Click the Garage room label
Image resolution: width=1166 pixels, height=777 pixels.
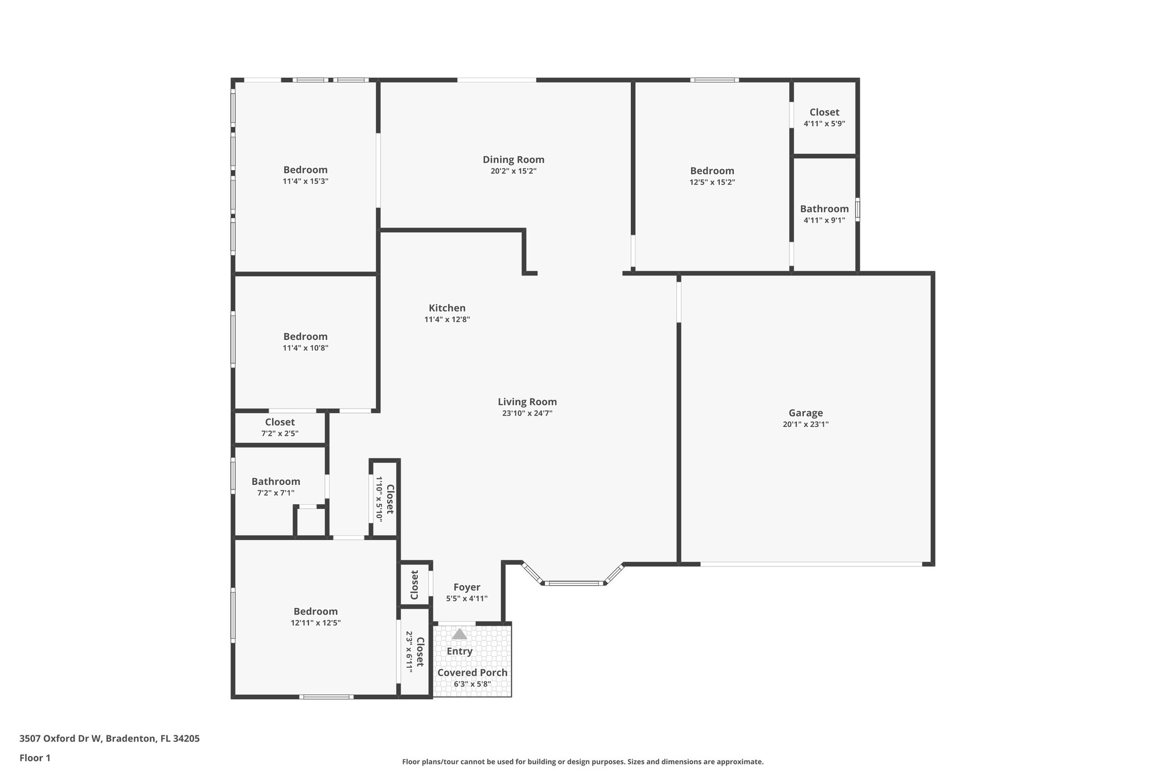click(805, 413)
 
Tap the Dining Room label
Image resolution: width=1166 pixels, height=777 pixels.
click(513, 159)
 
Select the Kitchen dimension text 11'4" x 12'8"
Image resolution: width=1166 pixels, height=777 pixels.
click(446, 319)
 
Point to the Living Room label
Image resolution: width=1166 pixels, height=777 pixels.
click(527, 401)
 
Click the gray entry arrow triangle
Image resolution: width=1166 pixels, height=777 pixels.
click(459, 634)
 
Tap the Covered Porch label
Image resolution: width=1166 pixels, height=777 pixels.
click(472, 672)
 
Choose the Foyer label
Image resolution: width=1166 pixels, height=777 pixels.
click(466, 587)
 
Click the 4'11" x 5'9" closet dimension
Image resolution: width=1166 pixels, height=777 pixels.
click(824, 124)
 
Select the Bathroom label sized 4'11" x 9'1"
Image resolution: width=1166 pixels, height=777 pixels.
click(824, 208)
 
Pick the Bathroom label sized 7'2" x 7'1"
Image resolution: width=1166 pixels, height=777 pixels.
click(276, 481)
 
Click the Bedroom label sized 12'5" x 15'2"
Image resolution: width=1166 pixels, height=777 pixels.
click(712, 170)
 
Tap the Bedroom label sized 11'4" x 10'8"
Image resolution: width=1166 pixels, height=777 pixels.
click(305, 336)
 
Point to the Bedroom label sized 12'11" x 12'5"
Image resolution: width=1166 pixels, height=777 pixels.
click(315, 611)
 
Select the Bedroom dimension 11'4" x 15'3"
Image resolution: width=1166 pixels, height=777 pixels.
click(305, 181)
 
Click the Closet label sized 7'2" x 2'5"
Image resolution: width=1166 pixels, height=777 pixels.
click(280, 422)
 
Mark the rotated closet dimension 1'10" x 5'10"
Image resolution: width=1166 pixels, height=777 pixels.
click(379, 499)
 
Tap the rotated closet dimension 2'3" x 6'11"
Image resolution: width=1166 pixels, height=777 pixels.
click(409, 651)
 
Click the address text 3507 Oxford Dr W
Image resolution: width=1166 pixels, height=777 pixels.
click(61, 738)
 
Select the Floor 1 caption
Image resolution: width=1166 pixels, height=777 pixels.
click(35, 758)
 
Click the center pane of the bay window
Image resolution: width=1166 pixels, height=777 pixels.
click(573, 583)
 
